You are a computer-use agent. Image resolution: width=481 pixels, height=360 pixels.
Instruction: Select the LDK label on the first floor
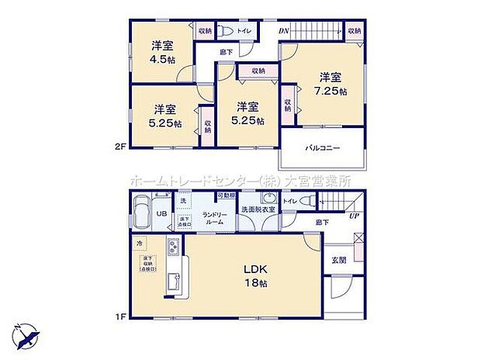257,269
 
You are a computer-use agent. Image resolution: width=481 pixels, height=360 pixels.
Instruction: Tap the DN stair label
285,30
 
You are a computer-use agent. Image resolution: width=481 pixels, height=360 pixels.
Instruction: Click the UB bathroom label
161,214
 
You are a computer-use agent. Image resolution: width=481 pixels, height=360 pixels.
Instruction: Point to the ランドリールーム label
213,218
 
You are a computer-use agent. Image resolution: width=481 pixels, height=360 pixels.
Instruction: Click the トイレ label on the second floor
243,33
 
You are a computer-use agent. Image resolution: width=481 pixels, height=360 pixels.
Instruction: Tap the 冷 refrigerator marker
140,242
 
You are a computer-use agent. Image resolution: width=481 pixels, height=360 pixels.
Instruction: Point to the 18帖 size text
257,284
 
